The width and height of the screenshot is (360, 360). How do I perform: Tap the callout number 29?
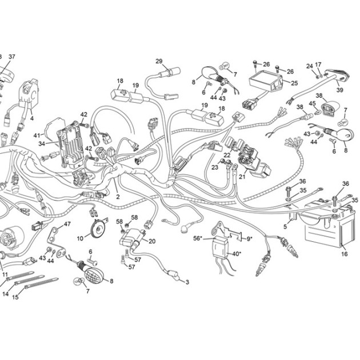pos(159,61)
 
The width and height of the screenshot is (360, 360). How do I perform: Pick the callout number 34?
pos(42,144)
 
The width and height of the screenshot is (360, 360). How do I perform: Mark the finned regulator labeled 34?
pos(69,144)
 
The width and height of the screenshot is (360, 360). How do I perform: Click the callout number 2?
pos(118,197)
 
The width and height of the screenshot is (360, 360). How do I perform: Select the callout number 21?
pos(242,177)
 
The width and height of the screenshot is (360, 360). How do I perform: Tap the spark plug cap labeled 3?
pos(173,275)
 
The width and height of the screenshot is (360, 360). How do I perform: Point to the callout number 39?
pos(339,90)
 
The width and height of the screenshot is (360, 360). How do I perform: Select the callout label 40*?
pos(237,254)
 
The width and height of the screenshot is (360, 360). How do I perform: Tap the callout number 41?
pos(37,135)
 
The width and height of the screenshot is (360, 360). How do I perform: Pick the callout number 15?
pos(15,297)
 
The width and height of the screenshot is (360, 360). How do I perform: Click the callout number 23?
pos(215,167)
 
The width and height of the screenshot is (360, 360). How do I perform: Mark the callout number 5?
pos(285,227)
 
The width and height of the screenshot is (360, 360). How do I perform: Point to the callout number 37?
pos(11,57)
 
